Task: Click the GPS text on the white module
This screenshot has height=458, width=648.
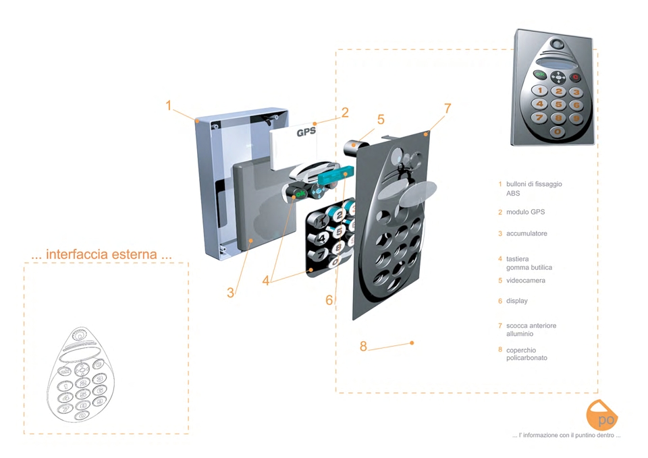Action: click(x=306, y=132)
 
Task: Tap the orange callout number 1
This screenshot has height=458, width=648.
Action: click(x=168, y=105)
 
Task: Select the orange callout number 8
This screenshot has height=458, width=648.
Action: click(x=363, y=346)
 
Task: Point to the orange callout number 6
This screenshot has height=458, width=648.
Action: click(x=329, y=300)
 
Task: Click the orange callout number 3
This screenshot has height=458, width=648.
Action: click(x=231, y=292)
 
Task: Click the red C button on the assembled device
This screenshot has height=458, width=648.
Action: click(x=575, y=77)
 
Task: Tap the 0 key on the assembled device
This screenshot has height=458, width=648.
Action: click(x=558, y=132)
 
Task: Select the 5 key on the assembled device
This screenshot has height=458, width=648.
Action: click(x=558, y=105)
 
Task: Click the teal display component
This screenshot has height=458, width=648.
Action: click(x=336, y=175)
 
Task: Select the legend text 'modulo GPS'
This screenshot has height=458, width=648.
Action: click(x=525, y=212)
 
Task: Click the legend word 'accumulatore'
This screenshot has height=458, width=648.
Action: click(x=526, y=233)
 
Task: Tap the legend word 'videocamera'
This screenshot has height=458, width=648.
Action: click(x=526, y=281)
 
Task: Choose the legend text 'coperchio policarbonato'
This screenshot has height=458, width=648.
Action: click(x=526, y=354)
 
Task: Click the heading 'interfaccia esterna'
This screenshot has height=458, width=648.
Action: click(x=101, y=254)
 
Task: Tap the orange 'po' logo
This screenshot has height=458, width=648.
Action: click(x=601, y=415)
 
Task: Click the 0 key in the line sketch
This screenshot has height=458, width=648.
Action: click(x=82, y=416)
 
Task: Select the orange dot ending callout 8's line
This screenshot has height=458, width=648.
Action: click(x=412, y=343)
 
